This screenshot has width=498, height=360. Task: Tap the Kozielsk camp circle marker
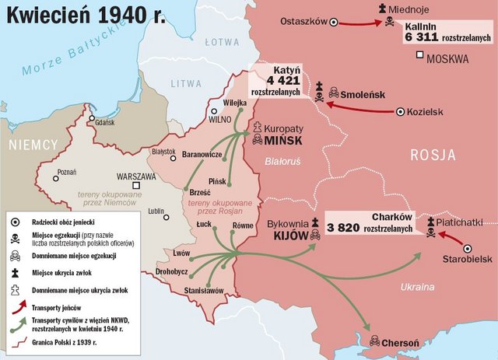click(401, 111)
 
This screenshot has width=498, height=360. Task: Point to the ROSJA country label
click(433, 155)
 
